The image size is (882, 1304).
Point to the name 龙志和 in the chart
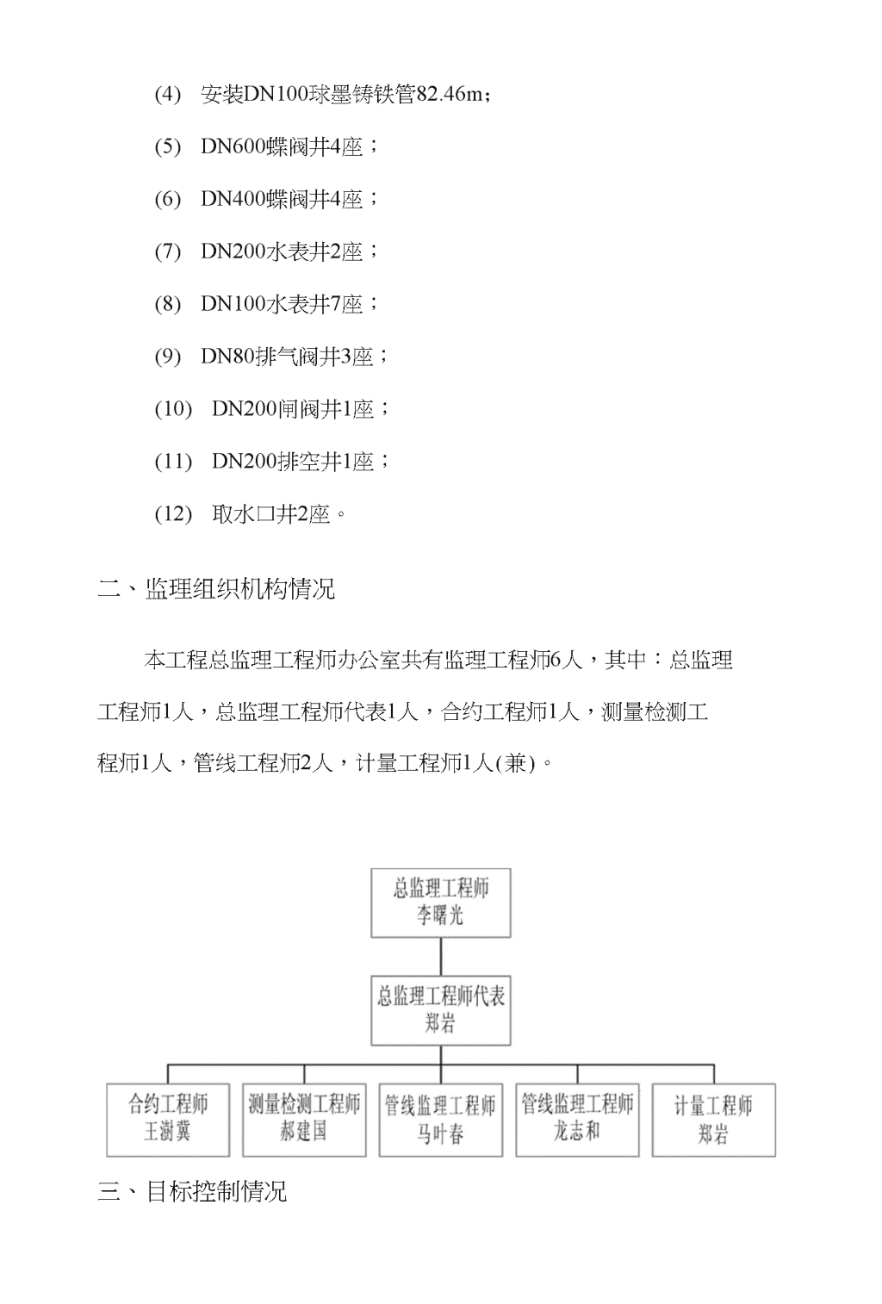577,1132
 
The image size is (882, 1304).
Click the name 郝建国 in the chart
304,1132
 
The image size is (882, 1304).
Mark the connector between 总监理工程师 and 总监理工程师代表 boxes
441,956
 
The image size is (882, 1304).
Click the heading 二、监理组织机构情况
216,589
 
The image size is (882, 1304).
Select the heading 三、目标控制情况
192,1192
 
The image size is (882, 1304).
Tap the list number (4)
168,94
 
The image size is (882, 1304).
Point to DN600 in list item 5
233,146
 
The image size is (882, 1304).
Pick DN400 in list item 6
233,198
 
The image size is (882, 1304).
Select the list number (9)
168,357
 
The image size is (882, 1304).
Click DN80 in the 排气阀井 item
227,357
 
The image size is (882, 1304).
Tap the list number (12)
173,514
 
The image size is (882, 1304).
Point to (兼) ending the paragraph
515,762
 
